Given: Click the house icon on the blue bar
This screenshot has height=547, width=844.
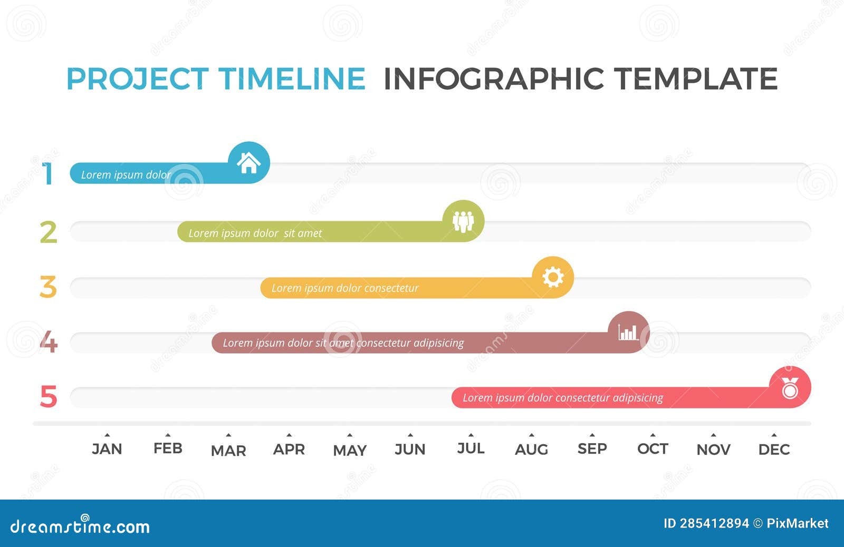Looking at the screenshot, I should click(x=248, y=163).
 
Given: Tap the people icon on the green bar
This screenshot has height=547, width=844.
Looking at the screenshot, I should click(x=463, y=221).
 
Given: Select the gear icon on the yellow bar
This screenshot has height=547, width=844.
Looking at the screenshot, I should click(x=553, y=277).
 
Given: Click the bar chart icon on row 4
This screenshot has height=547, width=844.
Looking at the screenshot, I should click(x=628, y=333).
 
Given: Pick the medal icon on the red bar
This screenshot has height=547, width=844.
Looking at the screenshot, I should click(x=790, y=388).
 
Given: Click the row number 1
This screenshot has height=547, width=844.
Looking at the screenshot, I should click(x=49, y=174).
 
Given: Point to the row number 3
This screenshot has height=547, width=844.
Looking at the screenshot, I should click(x=48, y=287).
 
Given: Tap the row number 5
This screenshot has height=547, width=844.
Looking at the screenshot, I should click(x=48, y=397).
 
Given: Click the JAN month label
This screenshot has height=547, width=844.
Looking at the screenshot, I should click(x=107, y=449).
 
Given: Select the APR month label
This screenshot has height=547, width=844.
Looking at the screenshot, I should click(x=289, y=450).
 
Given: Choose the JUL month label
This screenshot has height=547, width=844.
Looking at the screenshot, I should click(x=471, y=448).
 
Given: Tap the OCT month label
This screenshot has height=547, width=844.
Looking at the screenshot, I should click(x=653, y=449).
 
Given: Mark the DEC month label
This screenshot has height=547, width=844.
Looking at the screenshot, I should click(x=774, y=450).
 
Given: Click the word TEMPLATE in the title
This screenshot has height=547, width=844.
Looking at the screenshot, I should click(x=696, y=79).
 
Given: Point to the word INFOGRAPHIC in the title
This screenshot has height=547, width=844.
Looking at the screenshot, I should click(x=493, y=79).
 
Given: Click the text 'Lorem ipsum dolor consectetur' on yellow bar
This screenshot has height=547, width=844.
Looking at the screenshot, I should click(x=344, y=288).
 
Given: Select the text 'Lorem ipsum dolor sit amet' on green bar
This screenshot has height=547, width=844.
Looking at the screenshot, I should click(x=255, y=233).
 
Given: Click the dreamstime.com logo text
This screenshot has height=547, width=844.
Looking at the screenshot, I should click(x=80, y=526).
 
